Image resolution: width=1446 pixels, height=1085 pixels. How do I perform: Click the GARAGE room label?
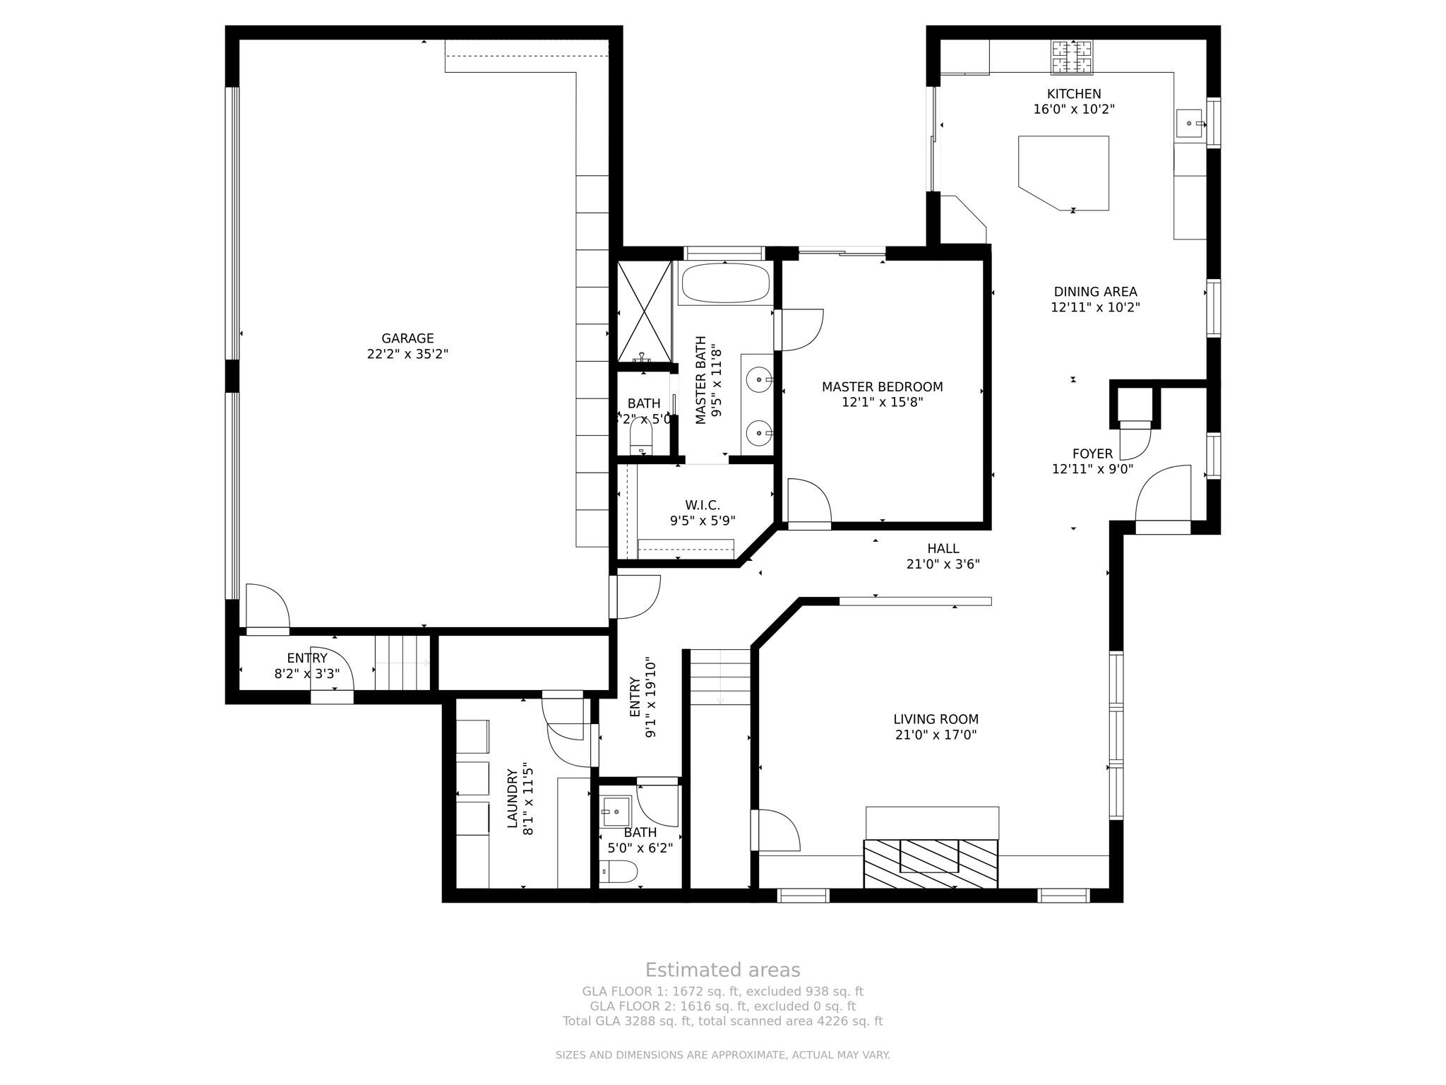(407, 338)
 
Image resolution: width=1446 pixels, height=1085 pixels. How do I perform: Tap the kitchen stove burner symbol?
(1072, 57)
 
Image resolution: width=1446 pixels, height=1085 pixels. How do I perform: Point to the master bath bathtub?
(724, 283)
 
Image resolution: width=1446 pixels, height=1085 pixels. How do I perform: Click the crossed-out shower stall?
(643, 312)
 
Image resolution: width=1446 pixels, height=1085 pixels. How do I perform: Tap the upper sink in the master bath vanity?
(759, 380)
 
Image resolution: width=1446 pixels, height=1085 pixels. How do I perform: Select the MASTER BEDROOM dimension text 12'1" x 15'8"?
(882, 403)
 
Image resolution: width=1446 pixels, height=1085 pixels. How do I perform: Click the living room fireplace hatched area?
(931, 863)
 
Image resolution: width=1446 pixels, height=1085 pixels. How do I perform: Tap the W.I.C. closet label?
(702, 506)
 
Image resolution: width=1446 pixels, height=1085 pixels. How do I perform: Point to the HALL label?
(943, 548)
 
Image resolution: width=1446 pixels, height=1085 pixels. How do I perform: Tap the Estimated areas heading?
(722, 970)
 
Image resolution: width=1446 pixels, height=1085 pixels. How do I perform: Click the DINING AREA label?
(1095, 292)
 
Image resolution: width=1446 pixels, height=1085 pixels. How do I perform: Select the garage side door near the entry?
(267, 607)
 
